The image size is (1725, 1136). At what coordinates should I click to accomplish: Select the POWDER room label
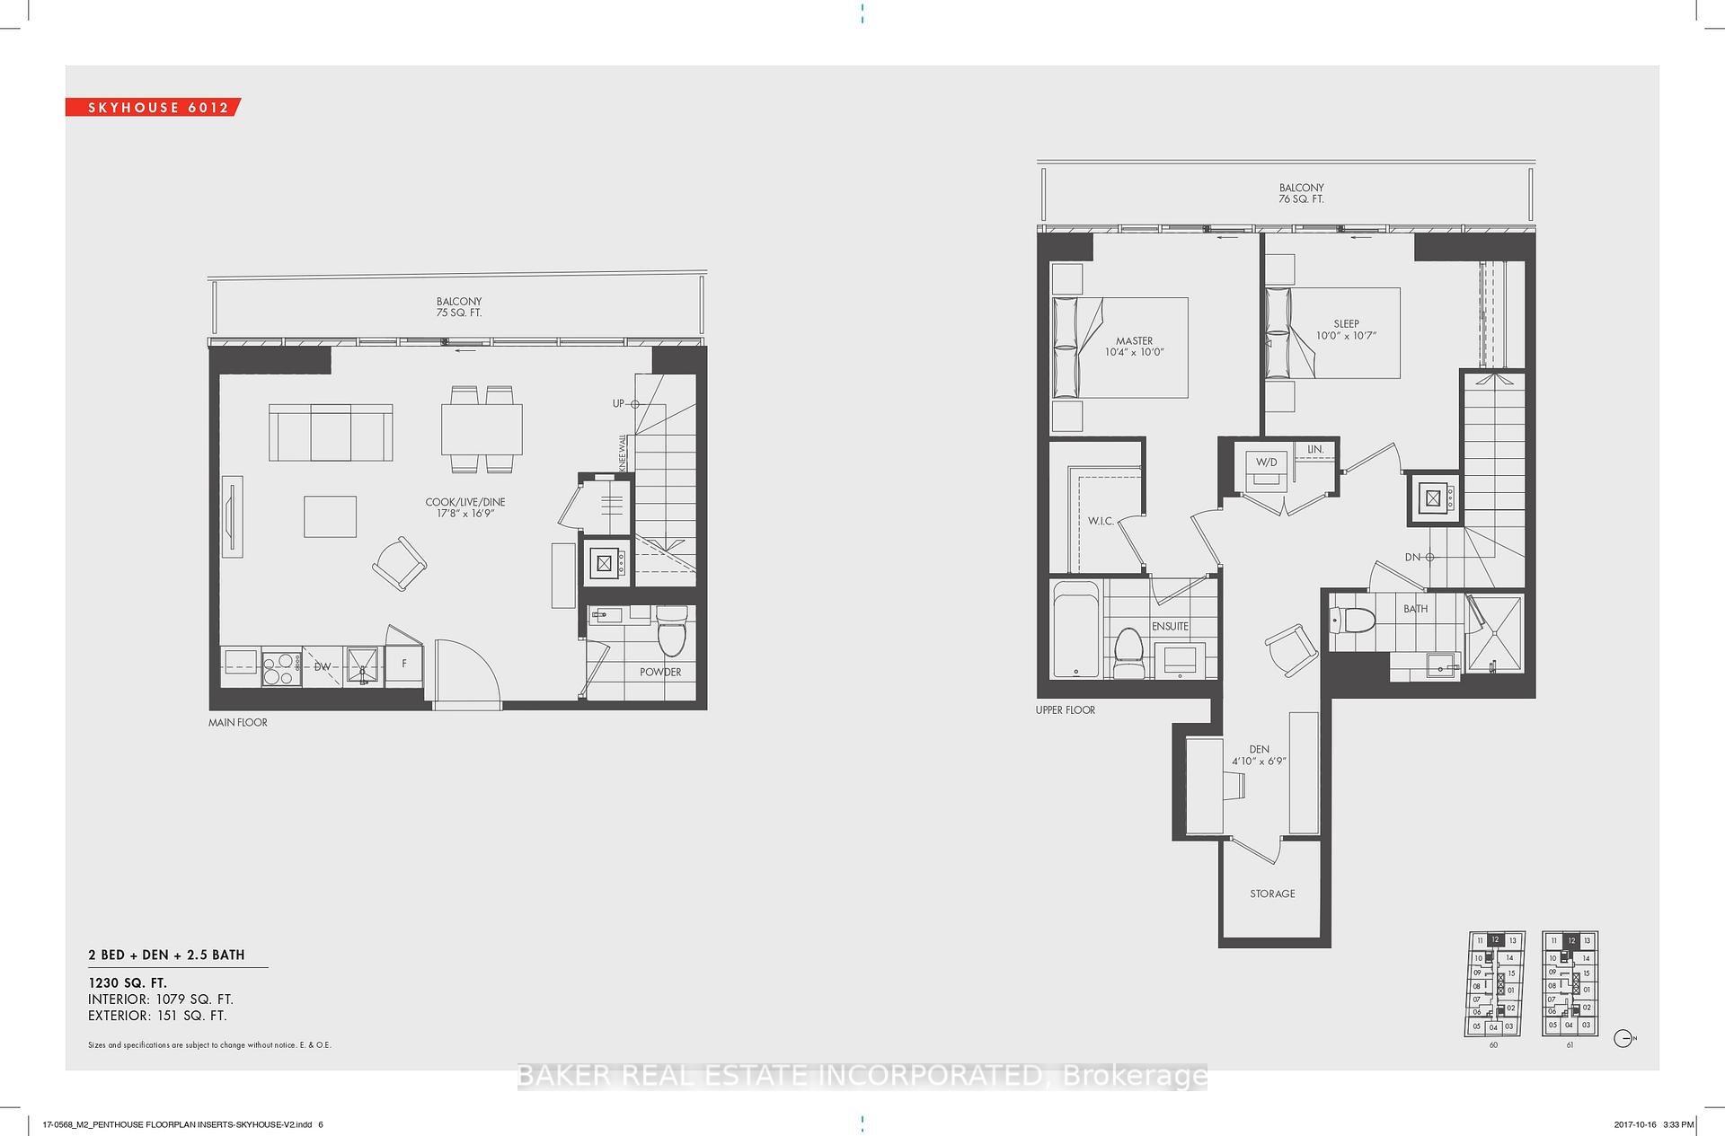tap(660, 672)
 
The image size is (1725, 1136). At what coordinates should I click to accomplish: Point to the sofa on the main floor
tap(331, 432)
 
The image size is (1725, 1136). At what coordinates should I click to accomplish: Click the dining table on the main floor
tap(482, 429)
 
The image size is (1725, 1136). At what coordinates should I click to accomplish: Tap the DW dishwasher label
tap(322, 666)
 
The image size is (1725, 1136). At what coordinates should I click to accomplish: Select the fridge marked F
tap(404, 665)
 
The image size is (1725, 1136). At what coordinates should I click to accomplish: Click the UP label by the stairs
tap(618, 404)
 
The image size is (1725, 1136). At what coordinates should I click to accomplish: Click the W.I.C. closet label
tap(1101, 521)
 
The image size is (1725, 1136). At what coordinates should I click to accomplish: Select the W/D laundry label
tap(1266, 462)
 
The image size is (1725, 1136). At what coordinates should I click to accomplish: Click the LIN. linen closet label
tap(1315, 449)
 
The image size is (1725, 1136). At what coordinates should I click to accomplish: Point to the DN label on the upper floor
tap(1412, 557)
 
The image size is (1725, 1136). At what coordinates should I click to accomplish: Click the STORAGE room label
tap(1272, 894)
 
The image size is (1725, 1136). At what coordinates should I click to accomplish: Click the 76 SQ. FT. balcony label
tap(1301, 199)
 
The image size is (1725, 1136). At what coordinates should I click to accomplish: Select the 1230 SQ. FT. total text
tap(128, 983)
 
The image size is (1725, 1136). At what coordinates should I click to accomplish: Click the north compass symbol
tap(1623, 1039)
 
